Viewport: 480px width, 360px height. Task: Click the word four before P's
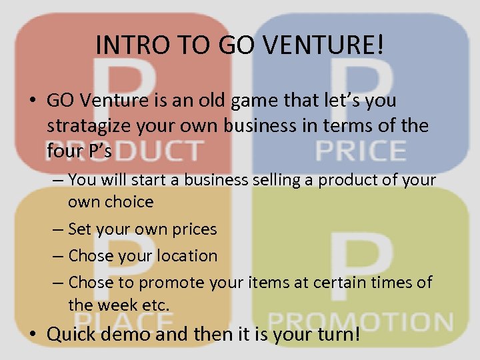[66, 151]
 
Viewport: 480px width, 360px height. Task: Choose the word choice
[129, 201]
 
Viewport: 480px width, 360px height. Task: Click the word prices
[193, 229]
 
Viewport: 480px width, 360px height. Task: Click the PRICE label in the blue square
[360, 151]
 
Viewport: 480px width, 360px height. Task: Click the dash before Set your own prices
[58, 229]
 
